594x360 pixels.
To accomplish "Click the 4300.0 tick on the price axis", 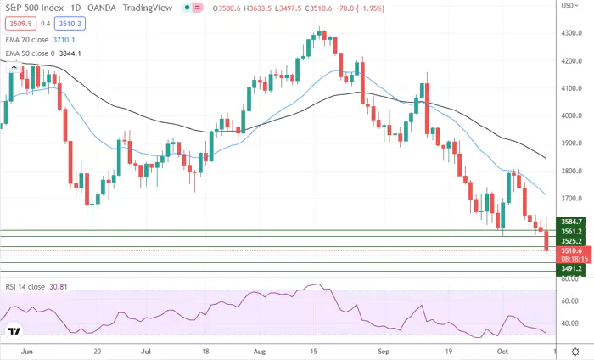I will [x=570, y=33].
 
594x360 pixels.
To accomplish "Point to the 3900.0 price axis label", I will [x=570, y=143].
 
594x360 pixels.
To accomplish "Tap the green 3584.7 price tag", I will [x=570, y=221].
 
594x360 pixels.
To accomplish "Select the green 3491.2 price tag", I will [x=570, y=268].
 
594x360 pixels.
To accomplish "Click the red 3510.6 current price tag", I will [x=570, y=251].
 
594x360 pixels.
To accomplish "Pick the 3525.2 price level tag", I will [x=570, y=240].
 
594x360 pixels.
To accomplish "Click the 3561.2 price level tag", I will [x=570, y=231].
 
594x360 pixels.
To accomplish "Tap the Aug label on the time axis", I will [x=259, y=349].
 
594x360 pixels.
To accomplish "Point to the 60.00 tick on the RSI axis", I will [x=569, y=301].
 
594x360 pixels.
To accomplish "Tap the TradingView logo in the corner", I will [x=14, y=330].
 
